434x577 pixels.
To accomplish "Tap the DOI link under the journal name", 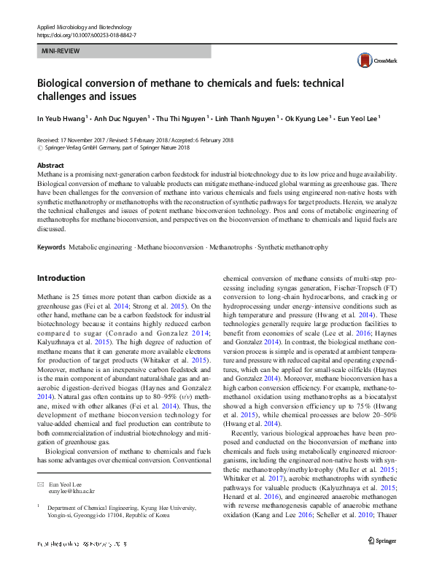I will click(x=86, y=35).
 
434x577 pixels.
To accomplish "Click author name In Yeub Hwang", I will click(x=61, y=117).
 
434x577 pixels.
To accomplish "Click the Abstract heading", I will click(x=50, y=166).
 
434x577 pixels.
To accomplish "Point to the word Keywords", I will click(x=52, y=228).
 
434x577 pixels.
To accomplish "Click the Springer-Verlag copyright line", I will click(x=113, y=147).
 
